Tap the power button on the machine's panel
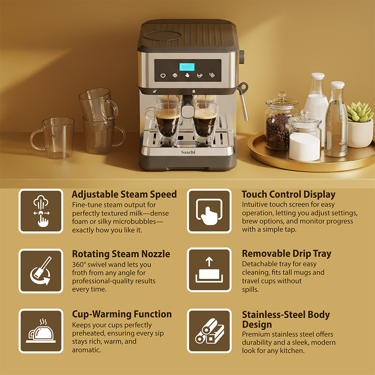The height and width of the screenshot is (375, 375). click(x=163, y=75)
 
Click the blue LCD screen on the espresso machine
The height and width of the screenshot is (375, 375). click(x=187, y=67)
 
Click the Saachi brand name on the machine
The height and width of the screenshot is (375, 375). click(x=188, y=152)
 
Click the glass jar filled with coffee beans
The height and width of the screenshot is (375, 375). click(x=279, y=122)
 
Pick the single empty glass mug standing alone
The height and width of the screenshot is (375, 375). click(x=53, y=138)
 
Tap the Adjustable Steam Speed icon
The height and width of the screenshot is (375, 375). click(x=41, y=211)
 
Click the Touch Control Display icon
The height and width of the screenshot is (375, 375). click(x=209, y=211)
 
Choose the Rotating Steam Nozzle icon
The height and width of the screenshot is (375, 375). click(x=41, y=271)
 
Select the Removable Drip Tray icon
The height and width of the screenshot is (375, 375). click(x=209, y=270)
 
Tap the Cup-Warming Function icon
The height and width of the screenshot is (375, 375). click(x=41, y=331)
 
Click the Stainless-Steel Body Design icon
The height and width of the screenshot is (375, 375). click(x=209, y=331)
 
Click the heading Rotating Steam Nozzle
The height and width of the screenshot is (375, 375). click(x=121, y=254)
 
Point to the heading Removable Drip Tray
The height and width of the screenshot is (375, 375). click(x=286, y=254)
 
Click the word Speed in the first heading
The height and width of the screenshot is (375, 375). click(x=163, y=195)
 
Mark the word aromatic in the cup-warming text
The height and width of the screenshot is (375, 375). click(x=87, y=350)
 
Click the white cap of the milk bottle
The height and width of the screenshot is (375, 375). click(x=318, y=76)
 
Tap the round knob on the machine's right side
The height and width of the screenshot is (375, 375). click(x=241, y=57)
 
